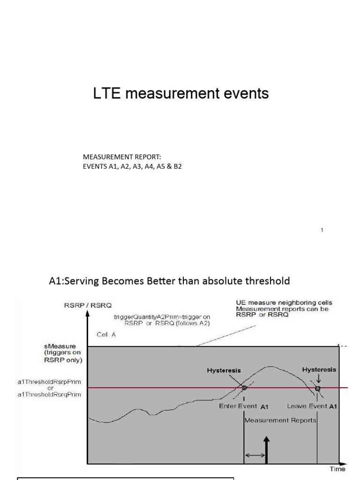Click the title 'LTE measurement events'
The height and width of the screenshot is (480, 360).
click(x=181, y=94)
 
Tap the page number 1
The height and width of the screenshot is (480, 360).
click(x=322, y=230)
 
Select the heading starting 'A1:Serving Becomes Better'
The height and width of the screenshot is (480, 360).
click(x=169, y=281)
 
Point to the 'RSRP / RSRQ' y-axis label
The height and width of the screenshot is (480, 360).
click(x=84, y=306)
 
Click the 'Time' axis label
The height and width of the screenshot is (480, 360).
click(x=337, y=469)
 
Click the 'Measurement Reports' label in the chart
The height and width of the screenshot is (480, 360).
click(x=280, y=420)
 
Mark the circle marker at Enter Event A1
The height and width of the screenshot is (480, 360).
click(x=244, y=388)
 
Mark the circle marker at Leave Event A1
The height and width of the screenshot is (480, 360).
click(x=318, y=388)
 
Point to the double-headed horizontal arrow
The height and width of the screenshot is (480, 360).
click(x=255, y=455)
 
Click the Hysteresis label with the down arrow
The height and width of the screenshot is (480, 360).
click(x=319, y=369)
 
